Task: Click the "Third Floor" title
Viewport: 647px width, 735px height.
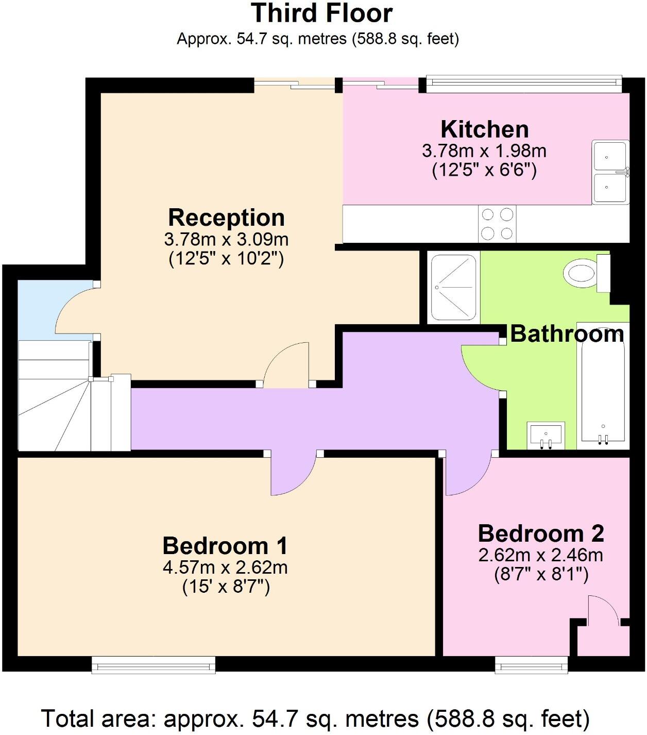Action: [x=322, y=13]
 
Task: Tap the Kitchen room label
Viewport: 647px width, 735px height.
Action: [x=484, y=129]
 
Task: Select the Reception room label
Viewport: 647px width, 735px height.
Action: [x=226, y=218]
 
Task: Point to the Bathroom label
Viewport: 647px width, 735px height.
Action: [x=567, y=334]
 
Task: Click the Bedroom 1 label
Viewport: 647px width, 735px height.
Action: [x=225, y=545]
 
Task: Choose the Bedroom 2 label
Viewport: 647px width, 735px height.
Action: [x=540, y=533]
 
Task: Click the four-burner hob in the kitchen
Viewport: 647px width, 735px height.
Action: [x=497, y=224]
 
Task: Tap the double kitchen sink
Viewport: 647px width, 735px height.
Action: [x=610, y=172]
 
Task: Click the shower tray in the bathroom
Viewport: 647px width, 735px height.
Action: [x=453, y=287]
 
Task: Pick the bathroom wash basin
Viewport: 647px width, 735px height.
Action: [x=546, y=435]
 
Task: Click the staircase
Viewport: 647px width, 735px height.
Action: [x=57, y=397]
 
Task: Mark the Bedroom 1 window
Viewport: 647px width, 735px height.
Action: [x=154, y=665]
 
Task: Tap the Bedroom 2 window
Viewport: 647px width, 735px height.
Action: [x=531, y=665]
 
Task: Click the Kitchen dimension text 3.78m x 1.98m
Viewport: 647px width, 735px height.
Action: [x=484, y=151]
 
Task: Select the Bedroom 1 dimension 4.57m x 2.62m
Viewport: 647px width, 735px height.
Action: [x=225, y=567]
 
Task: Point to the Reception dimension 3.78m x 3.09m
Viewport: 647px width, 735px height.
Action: [x=226, y=240]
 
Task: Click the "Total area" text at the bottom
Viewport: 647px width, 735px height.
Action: [x=315, y=719]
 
